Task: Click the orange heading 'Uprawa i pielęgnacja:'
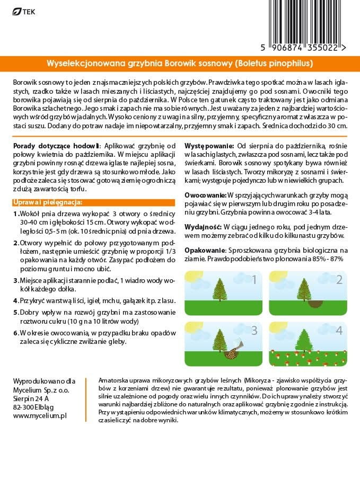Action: click(x=47, y=202)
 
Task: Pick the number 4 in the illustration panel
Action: click(x=339, y=331)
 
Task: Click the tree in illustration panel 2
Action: click(x=304, y=289)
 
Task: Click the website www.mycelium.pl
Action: click(x=40, y=416)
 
